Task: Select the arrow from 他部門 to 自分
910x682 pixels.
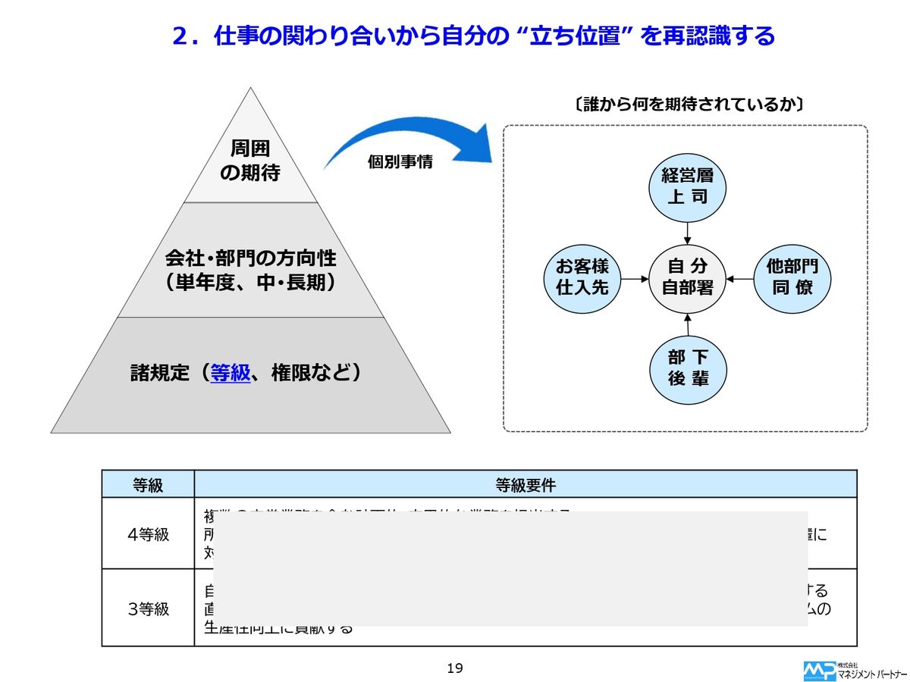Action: click(740, 277)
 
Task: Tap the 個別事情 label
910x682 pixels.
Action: click(400, 162)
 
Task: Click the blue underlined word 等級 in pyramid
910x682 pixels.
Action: click(231, 373)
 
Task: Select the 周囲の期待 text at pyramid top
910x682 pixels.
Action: click(250, 161)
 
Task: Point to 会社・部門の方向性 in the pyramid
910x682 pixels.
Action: click(250, 258)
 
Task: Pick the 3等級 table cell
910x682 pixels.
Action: click(148, 608)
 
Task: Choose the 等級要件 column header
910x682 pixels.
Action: click(525, 484)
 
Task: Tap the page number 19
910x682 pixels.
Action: click(455, 668)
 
